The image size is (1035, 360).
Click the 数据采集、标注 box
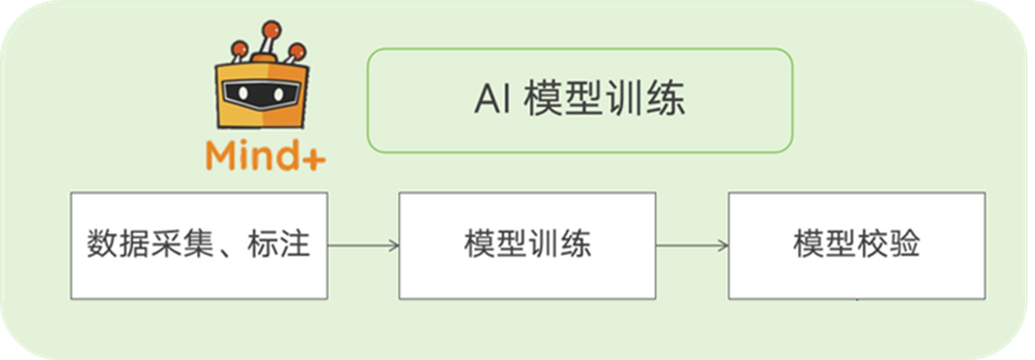point(200,245)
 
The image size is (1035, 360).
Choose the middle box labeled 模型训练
point(527,245)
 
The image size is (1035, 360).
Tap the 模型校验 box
point(856,245)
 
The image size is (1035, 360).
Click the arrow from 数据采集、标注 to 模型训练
point(363,245)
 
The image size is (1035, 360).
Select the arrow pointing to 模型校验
point(692,245)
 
